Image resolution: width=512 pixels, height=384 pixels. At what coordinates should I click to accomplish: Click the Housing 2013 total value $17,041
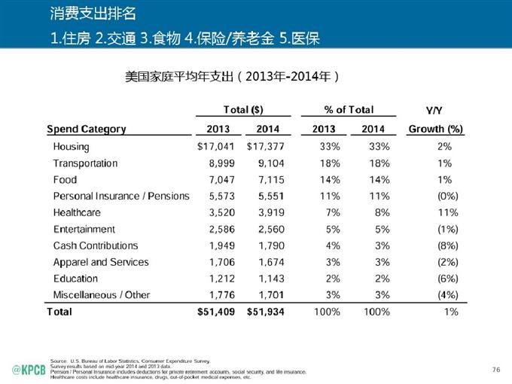click(x=215, y=147)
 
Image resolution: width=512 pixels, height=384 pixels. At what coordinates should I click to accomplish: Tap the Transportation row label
click(x=85, y=163)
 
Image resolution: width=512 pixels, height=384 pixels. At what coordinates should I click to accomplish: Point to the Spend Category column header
click(x=87, y=129)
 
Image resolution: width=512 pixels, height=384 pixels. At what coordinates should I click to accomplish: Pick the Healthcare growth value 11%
click(x=447, y=212)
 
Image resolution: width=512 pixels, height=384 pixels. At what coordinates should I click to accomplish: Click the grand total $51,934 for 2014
click(x=265, y=311)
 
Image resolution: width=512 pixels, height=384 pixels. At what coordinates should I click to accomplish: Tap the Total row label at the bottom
click(x=59, y=311)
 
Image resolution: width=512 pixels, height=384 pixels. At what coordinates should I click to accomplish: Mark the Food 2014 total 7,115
click(x=270, y=180)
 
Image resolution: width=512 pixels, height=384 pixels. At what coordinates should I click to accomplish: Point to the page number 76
click(x=495, y=368)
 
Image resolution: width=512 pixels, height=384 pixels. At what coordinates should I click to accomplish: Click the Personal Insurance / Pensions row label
click(x=121, y=196)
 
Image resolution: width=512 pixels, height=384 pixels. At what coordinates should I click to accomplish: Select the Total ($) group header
click(x=243, y=110)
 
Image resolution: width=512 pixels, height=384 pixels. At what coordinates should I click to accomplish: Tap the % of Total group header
click(x=349, y=110)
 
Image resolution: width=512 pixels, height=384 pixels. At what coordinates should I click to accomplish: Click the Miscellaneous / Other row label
click(x=102, y=294)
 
